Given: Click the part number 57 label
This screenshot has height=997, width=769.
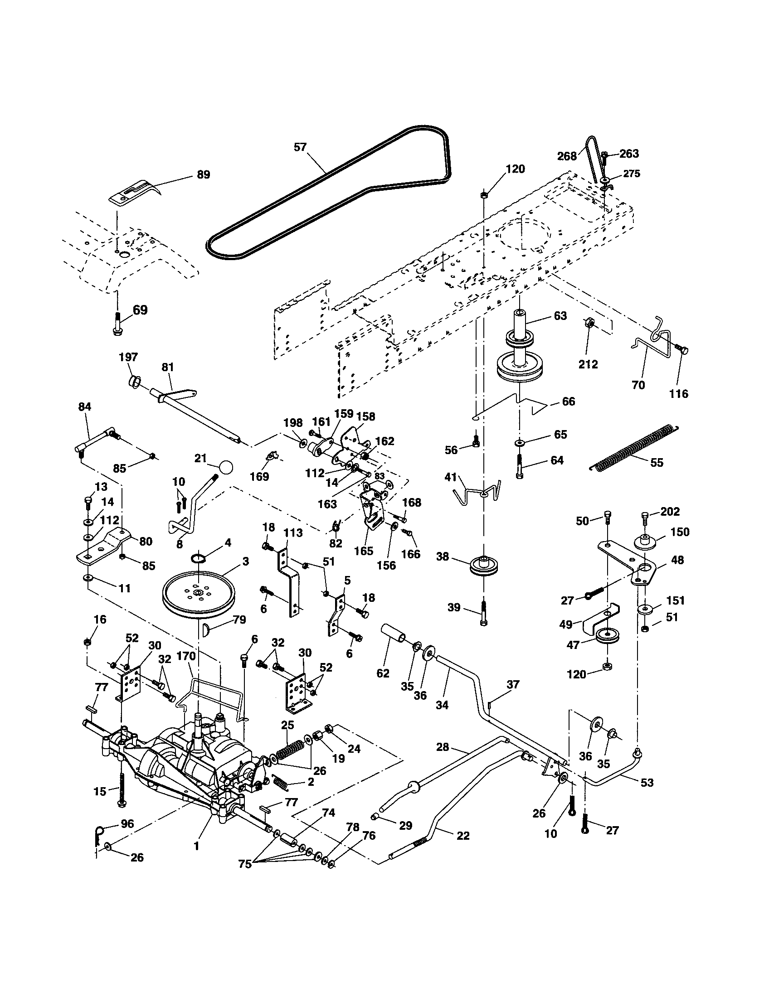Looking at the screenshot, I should pos(300,147).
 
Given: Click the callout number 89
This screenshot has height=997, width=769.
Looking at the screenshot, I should pos(203,174).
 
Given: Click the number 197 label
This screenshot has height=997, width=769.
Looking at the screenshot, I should pos(128,357).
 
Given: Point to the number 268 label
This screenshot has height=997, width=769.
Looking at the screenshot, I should pos(567,157).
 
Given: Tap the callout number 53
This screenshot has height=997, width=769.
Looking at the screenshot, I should pos(647,783).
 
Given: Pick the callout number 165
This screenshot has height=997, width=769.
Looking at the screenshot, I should pos(363,551).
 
